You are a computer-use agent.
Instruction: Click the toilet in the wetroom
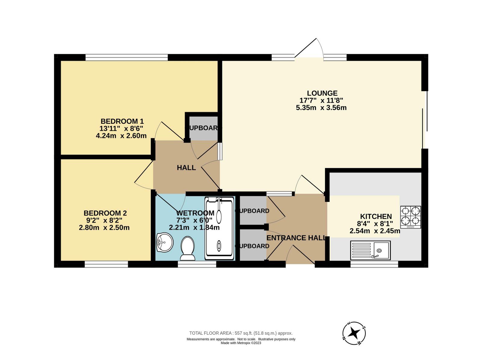188,248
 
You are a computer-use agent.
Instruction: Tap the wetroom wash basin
165,242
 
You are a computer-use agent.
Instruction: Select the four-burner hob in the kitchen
410,217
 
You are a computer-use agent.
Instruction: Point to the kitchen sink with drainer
370,250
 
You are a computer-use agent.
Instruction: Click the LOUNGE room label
322,93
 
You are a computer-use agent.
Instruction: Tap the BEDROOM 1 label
122,121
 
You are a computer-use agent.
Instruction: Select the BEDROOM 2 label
105,213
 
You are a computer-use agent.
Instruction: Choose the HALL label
186,168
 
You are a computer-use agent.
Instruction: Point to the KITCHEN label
376,216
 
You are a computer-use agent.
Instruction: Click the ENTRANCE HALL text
296,238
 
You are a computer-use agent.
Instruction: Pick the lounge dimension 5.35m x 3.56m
321,108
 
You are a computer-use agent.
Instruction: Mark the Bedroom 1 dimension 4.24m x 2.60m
121,135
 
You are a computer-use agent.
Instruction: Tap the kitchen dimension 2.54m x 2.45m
375,231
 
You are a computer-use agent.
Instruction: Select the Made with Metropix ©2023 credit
241,343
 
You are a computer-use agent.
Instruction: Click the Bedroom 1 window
127,57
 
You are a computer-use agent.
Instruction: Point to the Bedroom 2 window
106,264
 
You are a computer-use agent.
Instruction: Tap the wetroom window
197,264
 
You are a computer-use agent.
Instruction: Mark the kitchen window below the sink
374,264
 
